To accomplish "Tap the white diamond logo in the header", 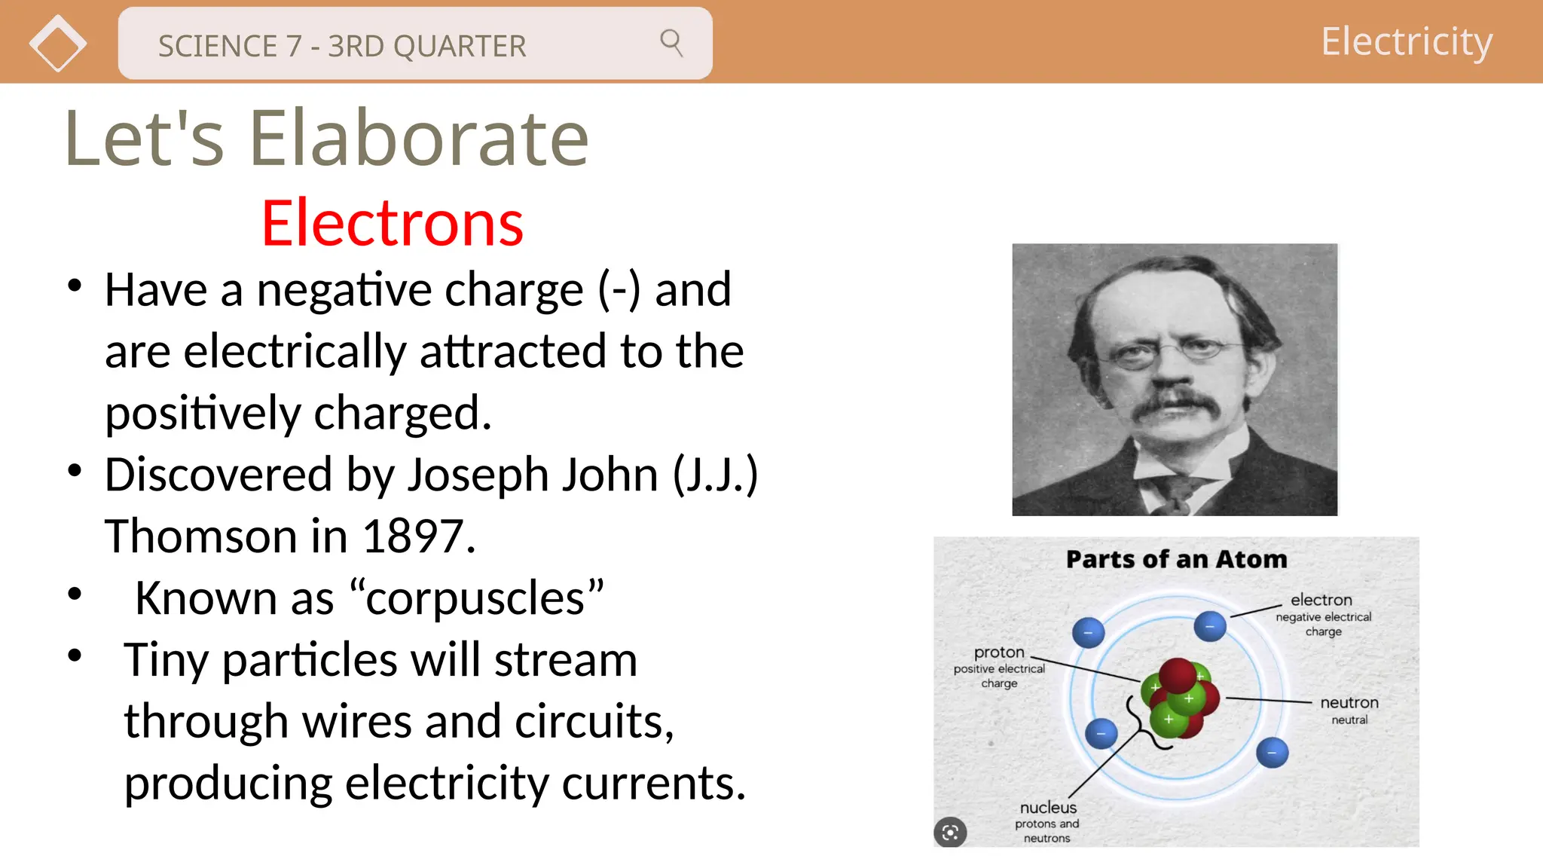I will coord(58,44).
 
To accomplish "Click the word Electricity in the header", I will coord(1406,41).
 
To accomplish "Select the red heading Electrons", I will coord(392,223).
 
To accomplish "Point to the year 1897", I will coord(418,536).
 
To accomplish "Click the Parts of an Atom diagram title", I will coord(1176,559).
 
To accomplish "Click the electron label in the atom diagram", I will coord(1321,600).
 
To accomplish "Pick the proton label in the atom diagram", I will coord(999,652).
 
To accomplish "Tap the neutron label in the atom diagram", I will coord(1349,702).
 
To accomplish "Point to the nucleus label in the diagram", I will coord(1048,807).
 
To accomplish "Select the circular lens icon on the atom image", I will coord(950,832).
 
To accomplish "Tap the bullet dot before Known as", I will coord(75,594).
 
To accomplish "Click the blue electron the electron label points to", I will coord(1210,626).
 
